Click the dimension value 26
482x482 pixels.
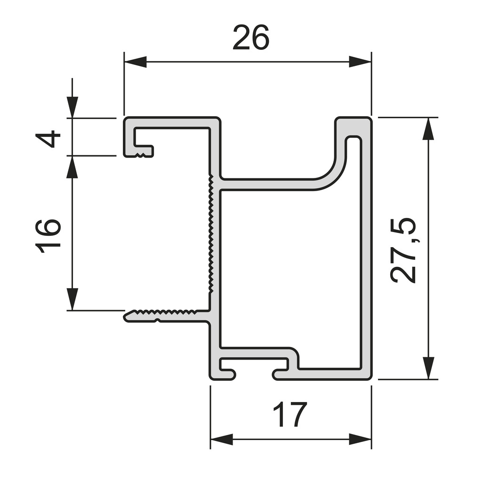251,38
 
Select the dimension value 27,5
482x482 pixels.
404,250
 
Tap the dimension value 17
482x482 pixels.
290,415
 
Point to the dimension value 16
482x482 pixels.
49,236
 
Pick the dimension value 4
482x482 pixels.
49,139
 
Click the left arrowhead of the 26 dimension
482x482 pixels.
135,62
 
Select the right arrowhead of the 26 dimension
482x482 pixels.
360,62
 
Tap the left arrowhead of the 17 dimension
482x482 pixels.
221,440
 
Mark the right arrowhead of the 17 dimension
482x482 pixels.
360,440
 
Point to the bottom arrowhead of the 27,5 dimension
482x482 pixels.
428,368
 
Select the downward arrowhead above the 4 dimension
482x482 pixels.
72,106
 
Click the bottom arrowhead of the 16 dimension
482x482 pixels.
72,299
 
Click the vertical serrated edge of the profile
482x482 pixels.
210,235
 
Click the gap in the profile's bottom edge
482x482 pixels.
253,375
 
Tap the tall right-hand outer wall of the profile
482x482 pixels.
367,249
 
